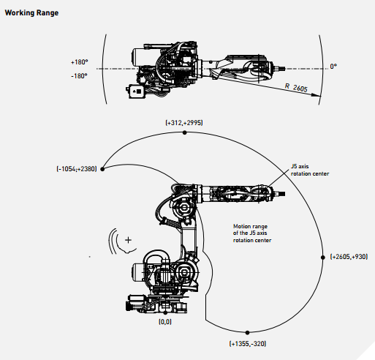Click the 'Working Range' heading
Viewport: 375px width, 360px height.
point(31,12)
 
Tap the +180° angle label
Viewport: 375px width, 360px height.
point(80,62)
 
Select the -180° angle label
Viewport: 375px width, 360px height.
point(79,76)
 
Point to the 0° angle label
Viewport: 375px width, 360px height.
point(333,66)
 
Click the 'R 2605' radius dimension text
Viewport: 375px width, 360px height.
point(296,88)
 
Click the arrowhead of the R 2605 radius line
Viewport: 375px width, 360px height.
point(317,95)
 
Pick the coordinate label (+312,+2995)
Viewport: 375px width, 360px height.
point(184,122)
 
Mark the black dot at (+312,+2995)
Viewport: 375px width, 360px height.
point(185,132)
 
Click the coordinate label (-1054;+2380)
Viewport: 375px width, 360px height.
point(77,169)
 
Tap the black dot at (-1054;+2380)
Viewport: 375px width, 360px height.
point(102,169)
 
